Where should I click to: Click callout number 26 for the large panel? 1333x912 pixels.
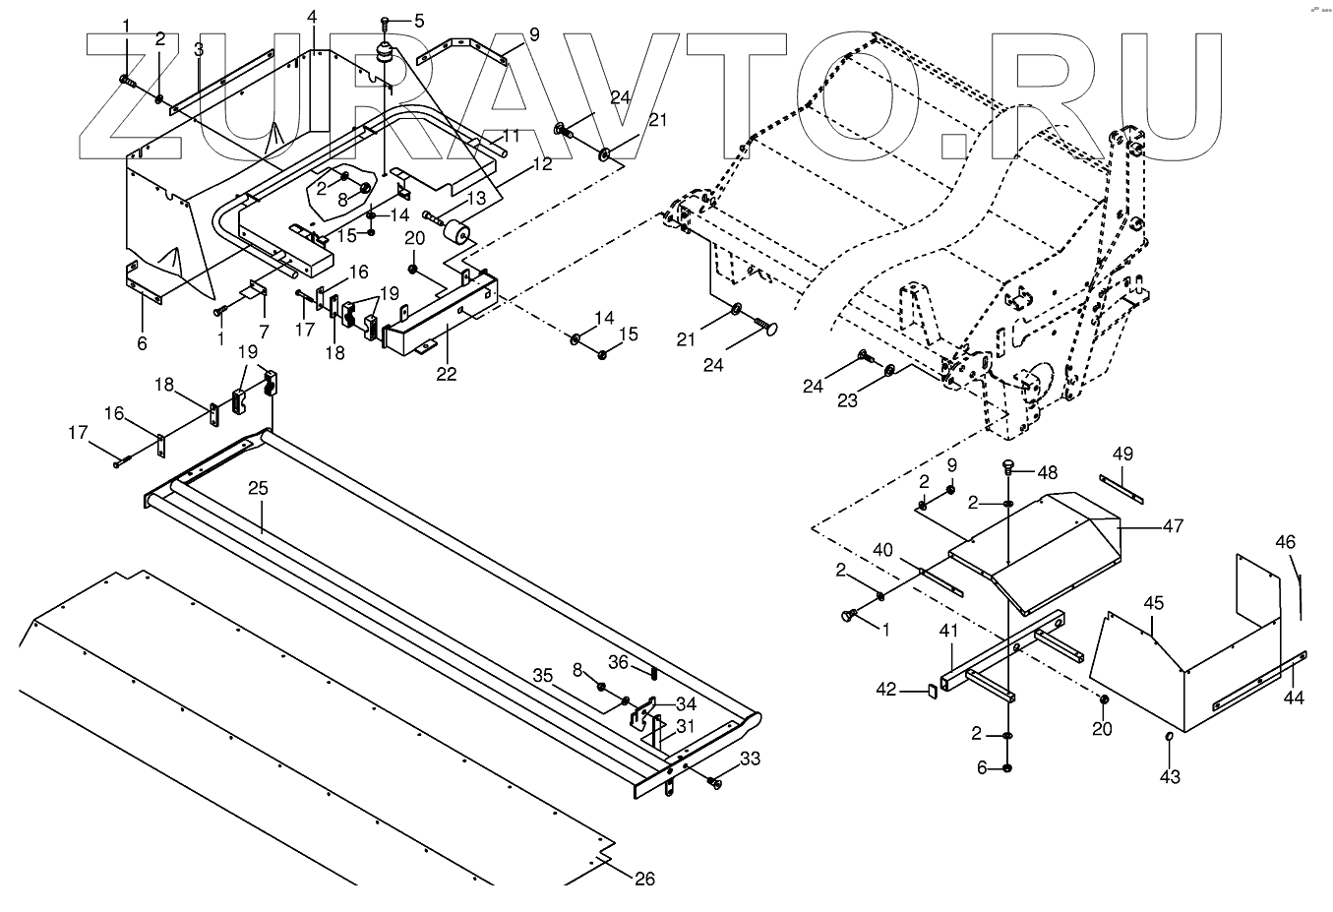pyautogui.click(x=643, y=879)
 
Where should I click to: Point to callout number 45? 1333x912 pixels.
pyautogui.click(x=1153, y=602)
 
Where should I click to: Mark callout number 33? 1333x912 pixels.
pyautogui.click(x=750, y=759)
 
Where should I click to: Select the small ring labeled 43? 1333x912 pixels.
pyautogui.click(x=1169, y=737)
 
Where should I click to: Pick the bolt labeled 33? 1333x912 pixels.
pyautogui.click(x=714, y=782)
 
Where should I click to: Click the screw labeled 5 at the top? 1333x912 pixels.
pyautogui.click(x=387, y=22)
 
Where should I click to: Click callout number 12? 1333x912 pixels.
pyautogui.click(x=543, y=164)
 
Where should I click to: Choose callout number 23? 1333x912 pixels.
pyautogui.click(x=847, y=400)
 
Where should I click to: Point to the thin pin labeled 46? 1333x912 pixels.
pyautogui.click(x=1300, y=593)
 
